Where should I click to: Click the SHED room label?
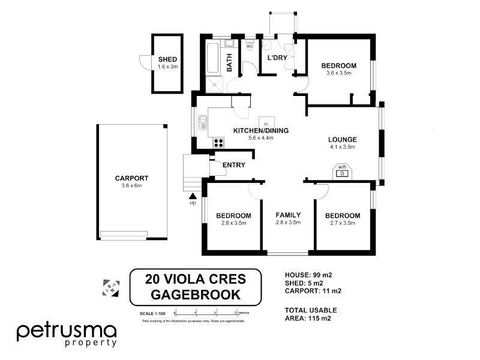click(167, 59)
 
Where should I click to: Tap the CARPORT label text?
click(131, 178)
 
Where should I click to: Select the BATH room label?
click(229, 62)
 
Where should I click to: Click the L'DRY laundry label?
click(277, 58)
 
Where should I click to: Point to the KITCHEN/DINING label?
click(261, 131)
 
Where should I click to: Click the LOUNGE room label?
click(343, 139)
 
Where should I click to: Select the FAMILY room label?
click(288, 215)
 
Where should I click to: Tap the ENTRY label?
click(233, 165)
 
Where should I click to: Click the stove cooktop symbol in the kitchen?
click(218, 143)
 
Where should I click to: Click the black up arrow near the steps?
click(193, 196)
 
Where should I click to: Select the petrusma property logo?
click(67, 334)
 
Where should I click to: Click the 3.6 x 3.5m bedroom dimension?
click(338, 73)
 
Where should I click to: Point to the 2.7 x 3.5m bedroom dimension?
click(343, 223)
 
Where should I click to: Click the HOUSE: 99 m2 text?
click(308, 275)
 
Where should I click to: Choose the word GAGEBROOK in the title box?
click(196, 295)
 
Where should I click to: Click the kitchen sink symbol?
click(202, 122)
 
